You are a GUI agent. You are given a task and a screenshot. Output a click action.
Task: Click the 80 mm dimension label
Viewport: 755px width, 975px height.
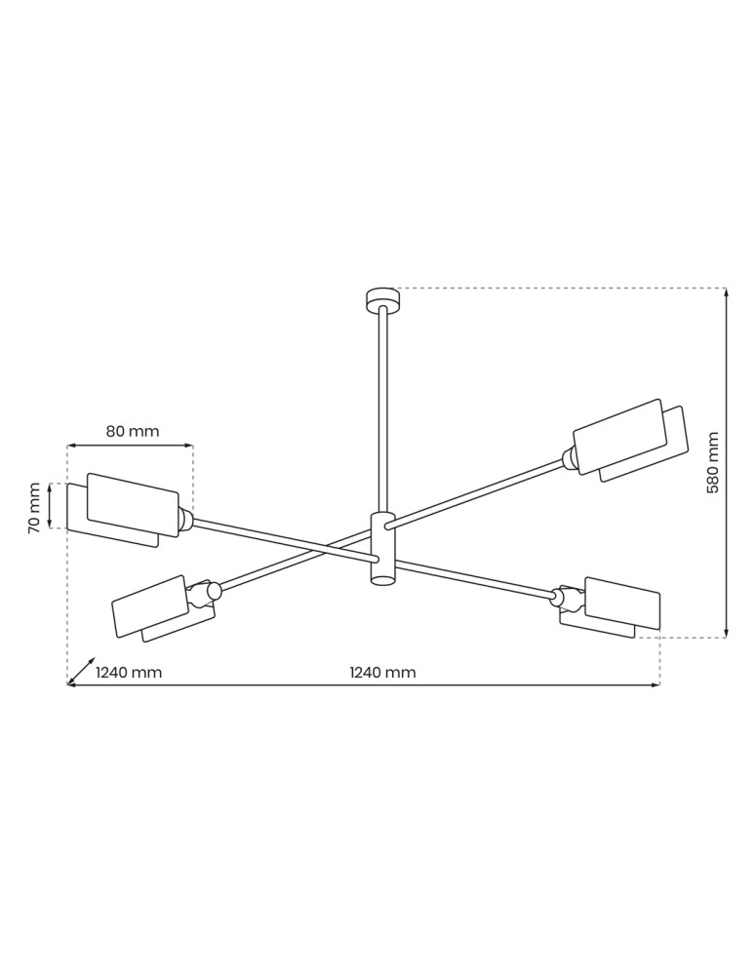point(132,431)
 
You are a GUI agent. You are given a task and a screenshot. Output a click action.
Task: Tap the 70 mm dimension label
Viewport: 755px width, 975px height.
point(34,507)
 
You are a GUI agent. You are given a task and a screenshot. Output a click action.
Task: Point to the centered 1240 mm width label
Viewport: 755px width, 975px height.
point(382,672)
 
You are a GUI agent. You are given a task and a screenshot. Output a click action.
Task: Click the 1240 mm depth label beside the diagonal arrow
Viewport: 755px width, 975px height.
point(129,672)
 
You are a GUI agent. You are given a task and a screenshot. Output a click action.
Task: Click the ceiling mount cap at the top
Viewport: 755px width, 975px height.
point(382,298)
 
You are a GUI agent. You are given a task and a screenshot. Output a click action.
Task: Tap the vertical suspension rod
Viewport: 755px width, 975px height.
point(382,409)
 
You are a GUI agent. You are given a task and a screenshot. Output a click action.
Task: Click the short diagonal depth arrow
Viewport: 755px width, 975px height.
point(82,670)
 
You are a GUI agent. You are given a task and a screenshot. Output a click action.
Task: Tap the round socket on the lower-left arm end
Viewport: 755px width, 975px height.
point(214,591)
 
